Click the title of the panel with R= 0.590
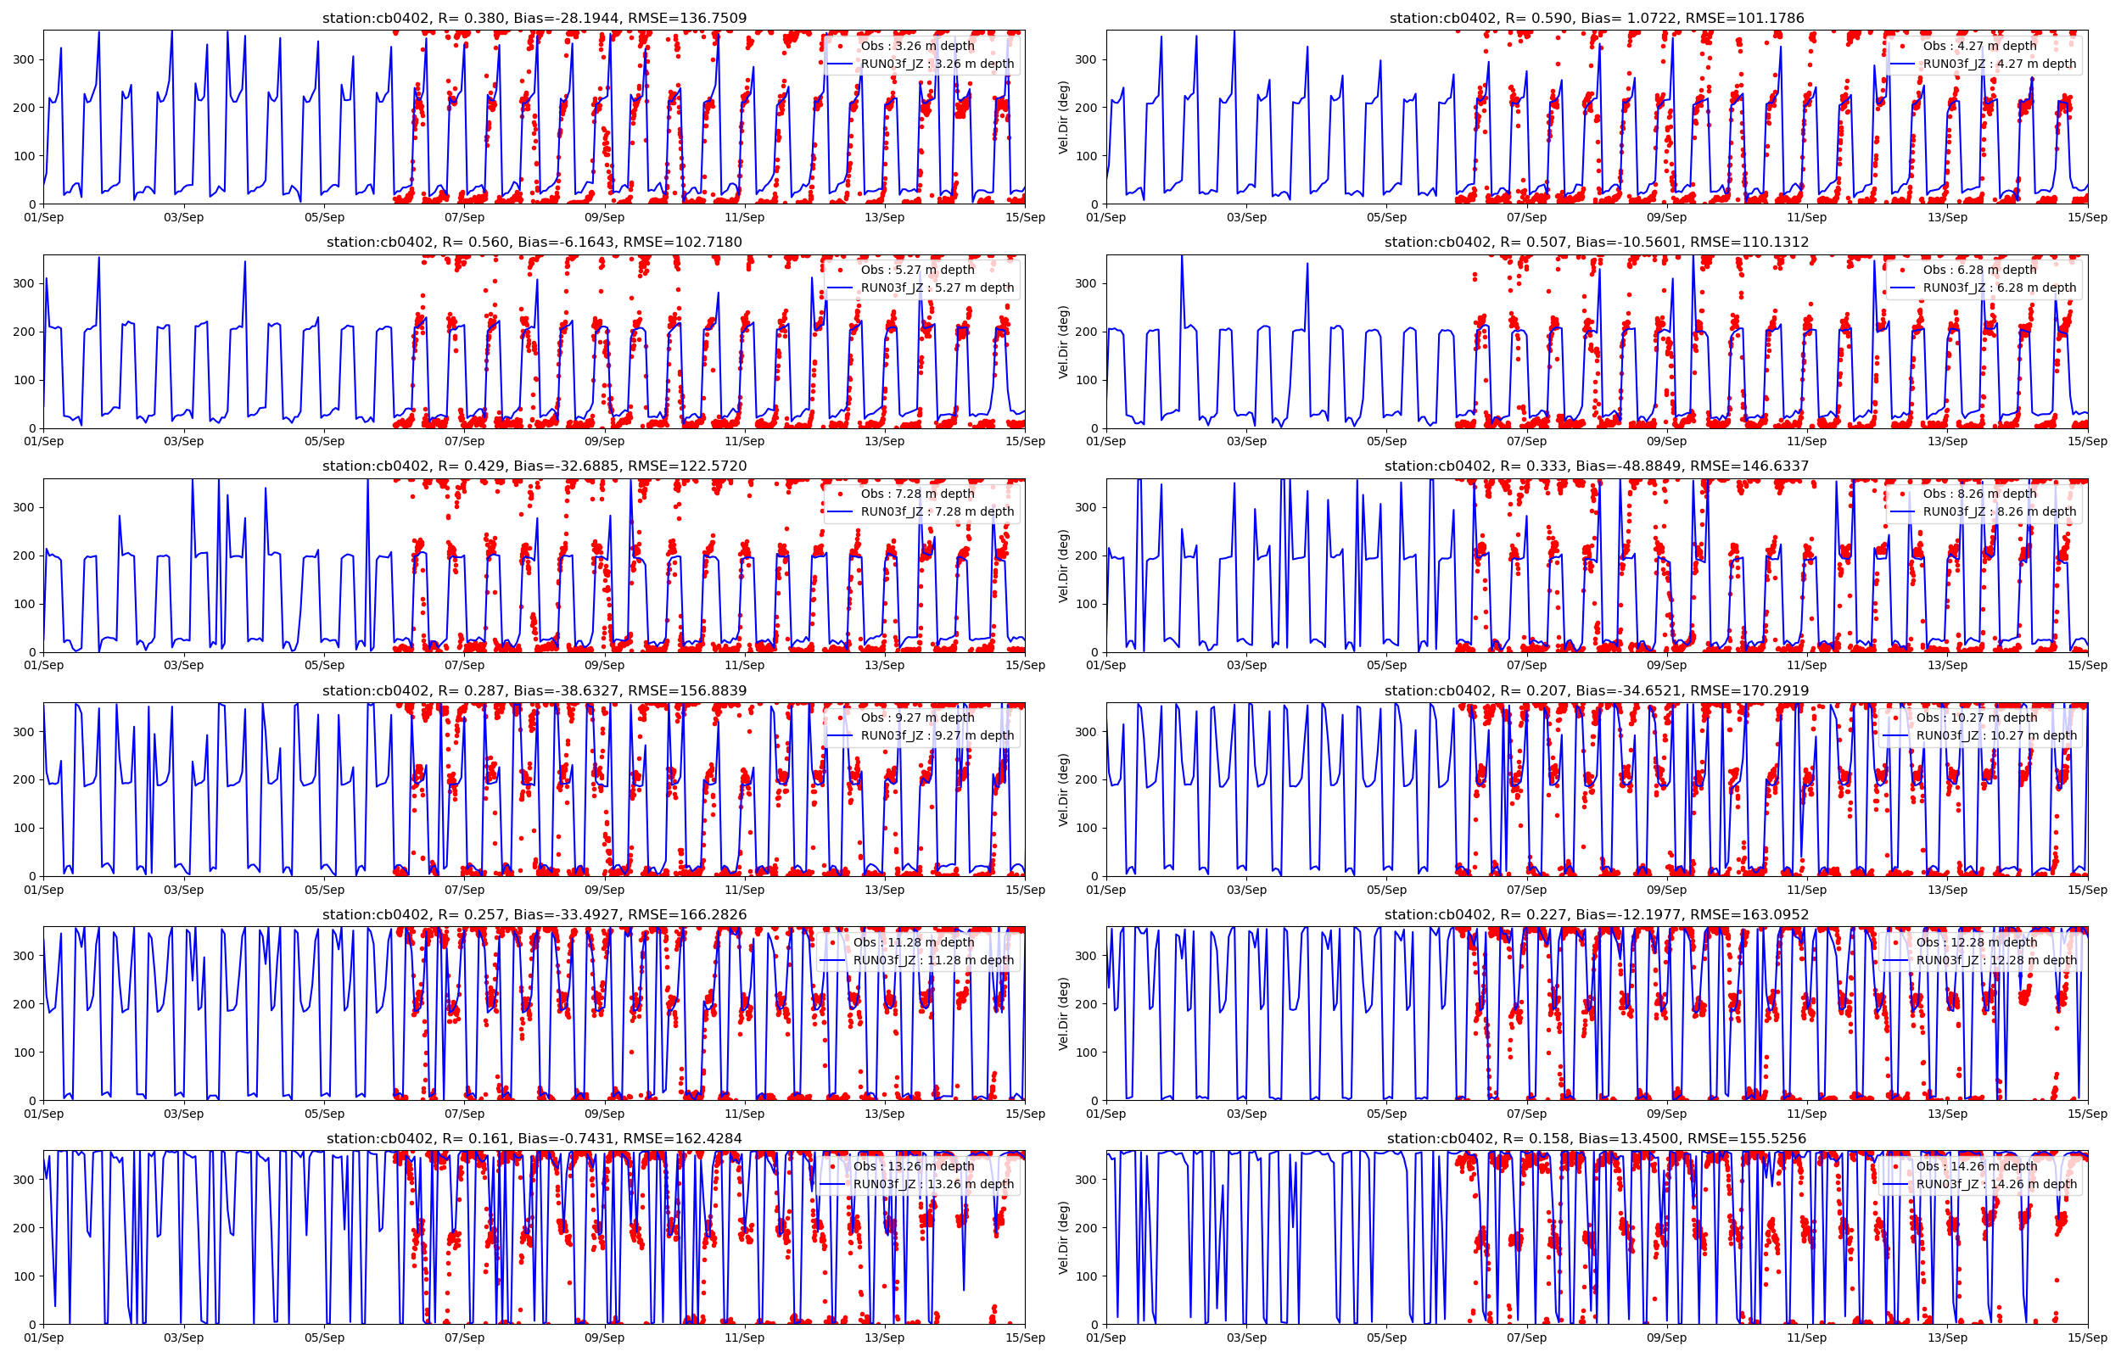coord(1596,18)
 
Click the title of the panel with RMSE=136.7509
coord(534,18)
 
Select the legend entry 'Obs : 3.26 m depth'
coord(917,46)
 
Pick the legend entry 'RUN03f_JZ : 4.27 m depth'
coord(2000,64)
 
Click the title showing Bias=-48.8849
coord(1596,466)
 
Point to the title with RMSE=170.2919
coord(1596,691)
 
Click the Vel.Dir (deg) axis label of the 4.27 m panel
coord(1064,117)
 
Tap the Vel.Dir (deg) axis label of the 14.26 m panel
coord(1064,1237)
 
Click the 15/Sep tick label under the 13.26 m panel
coord(1026,1337)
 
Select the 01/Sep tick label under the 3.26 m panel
coord(44,218)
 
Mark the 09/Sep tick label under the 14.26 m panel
coord(1666,1337)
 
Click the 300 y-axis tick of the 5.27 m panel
coord(24,284)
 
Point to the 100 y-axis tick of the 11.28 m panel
coord(24,1053)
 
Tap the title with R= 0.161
coord(534,1138)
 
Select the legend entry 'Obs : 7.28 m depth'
coord(917,494)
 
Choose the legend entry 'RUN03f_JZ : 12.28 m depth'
coord(1996,960)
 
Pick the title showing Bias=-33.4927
coord(534,914)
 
